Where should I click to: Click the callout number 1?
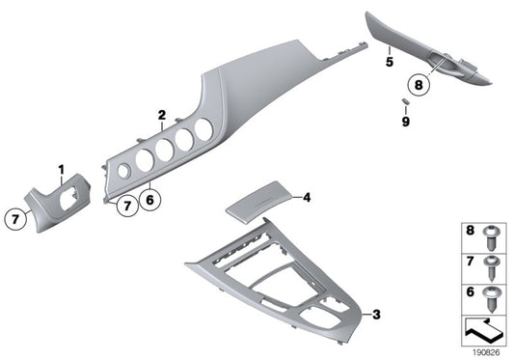(60, 171)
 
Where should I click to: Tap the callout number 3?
(376, 314)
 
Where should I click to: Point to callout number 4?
(306, 198)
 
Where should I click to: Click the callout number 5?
(390, 61)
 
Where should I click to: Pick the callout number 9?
(406, 123)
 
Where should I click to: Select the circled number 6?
(149, 202)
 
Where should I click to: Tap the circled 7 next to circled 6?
(123, 204)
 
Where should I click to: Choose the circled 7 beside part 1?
(16, 220)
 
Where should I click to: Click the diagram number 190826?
(487, 352)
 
